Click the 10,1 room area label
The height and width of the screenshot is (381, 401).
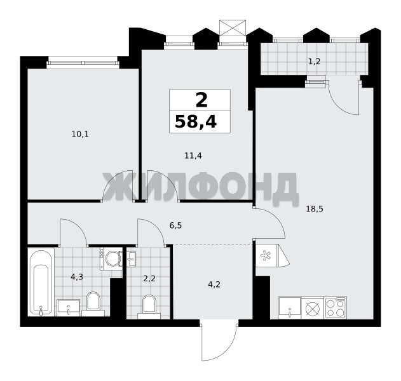[x=80, y=134]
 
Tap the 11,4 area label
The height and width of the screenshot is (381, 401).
[x=193, y=156]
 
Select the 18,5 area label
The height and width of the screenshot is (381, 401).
[x=315, y=209]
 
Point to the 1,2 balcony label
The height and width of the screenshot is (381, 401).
[x=315, y=62]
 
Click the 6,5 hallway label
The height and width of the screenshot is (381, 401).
[x=175, y=225]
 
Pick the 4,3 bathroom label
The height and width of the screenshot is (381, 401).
[x=77, y=277]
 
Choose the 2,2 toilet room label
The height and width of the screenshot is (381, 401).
[x=149, y=279]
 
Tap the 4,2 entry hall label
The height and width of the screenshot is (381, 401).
[x=214, y=284]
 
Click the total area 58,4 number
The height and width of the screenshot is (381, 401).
[x=196, y=122]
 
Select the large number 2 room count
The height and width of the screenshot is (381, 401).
[x=201, y=100]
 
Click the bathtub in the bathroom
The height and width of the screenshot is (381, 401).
[x=41, y=282]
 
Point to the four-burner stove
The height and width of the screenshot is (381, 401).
[x=336, y=307]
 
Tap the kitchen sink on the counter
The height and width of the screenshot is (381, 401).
[x=290, y=308]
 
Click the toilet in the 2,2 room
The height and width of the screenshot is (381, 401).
[x=149, y=307]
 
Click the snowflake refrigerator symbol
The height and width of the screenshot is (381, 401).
[x=266, y=256]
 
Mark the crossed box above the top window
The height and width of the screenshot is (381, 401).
[x=233, y=27]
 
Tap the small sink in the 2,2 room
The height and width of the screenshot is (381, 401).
[x=132, y=259]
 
